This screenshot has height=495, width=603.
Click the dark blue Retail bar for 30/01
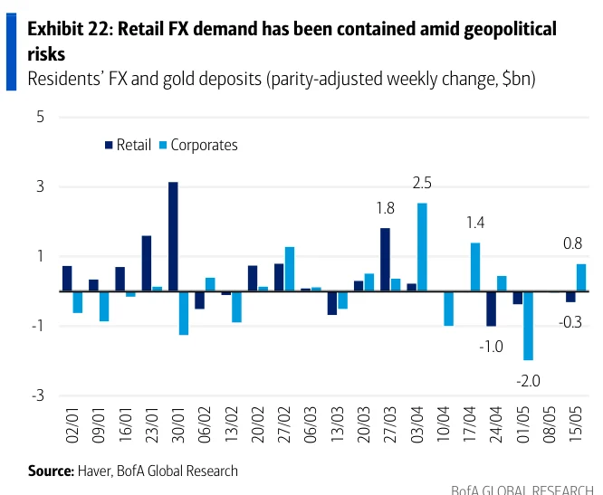point(173,236)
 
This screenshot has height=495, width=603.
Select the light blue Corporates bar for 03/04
point(422,247)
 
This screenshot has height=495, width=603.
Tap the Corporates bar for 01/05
point(529,326)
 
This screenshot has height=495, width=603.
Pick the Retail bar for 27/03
point(386,260)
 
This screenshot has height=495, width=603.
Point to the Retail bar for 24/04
point(491,309)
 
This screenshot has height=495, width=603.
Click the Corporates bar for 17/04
point(475,267)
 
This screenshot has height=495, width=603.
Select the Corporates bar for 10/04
point(449,309)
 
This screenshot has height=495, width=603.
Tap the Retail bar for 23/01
point(147,263)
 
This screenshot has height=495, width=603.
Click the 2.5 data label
point(422,184)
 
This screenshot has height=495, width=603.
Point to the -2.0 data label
point(529,381)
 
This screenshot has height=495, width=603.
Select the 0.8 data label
point(572,243)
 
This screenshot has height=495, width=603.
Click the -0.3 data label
point(570,322)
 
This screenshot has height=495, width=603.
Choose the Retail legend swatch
point(109,145)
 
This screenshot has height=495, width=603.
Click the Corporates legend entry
point(199,145)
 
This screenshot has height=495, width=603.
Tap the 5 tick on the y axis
point(41,117)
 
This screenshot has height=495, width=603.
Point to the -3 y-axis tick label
point(38,395)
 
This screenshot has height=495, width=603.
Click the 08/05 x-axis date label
point(549,424)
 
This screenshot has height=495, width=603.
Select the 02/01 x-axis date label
point(72,424)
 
